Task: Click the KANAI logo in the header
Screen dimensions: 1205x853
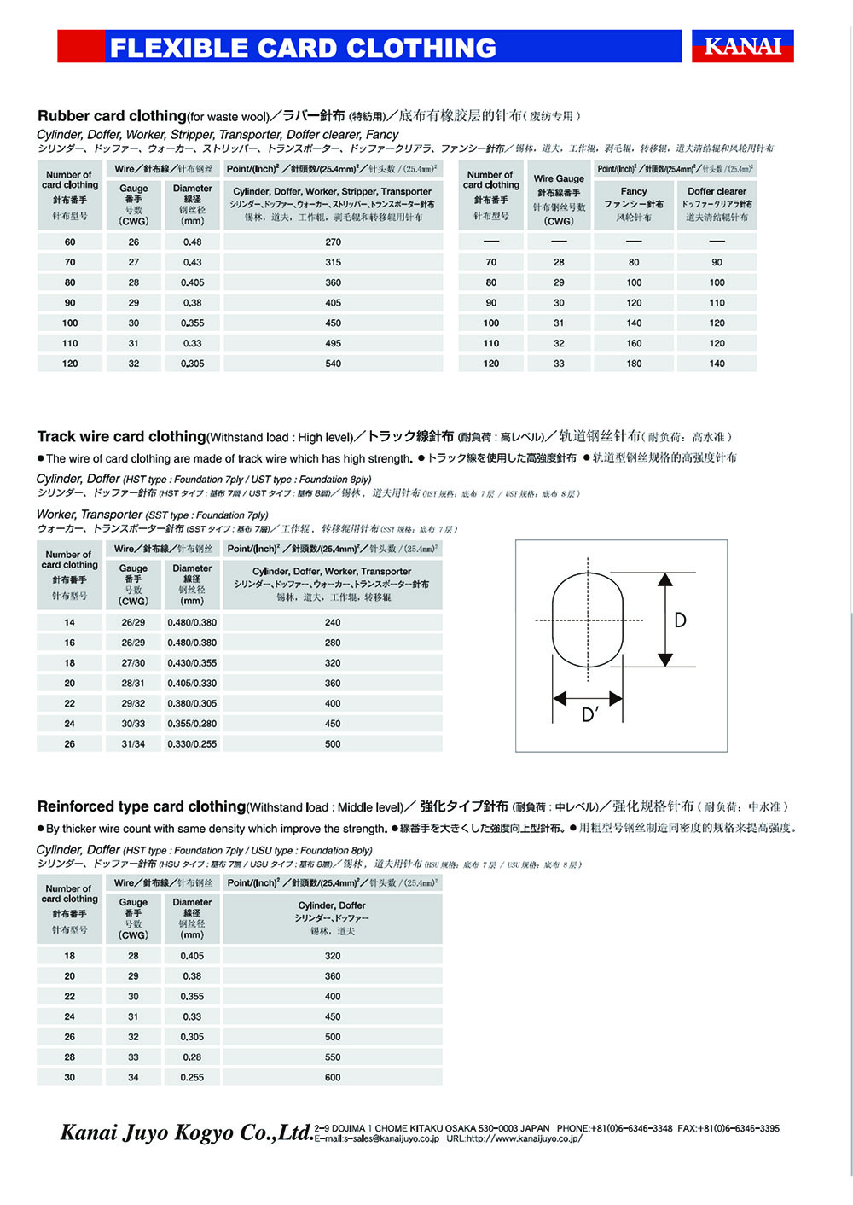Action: tap(742, 46)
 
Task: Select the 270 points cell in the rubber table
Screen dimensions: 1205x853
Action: tap(333, 242)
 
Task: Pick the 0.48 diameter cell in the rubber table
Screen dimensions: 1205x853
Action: tap(193, 242)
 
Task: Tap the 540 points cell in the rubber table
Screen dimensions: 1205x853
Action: tap(333, 364)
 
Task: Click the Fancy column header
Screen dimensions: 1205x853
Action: tap(634, 192)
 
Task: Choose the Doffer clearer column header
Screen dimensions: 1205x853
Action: tap(717, 192)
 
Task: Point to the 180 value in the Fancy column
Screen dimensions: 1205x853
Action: tap(634, 364)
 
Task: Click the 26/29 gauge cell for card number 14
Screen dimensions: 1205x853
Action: tap(133, 623)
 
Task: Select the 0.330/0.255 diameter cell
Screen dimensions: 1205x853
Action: tap(192, 744)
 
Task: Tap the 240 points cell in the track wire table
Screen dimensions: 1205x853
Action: tap(333, 623)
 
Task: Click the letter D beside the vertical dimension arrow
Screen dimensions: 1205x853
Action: tap(680, 620)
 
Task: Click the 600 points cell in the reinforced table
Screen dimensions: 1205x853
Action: tap(333, 1078)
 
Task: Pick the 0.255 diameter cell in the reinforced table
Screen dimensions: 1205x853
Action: tap(192, 1078)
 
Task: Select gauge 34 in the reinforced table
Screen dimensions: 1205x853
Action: tap(133, 1078)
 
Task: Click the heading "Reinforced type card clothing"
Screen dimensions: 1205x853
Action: tap(142, 806)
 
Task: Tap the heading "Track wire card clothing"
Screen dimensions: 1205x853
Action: tap(121, 437)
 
